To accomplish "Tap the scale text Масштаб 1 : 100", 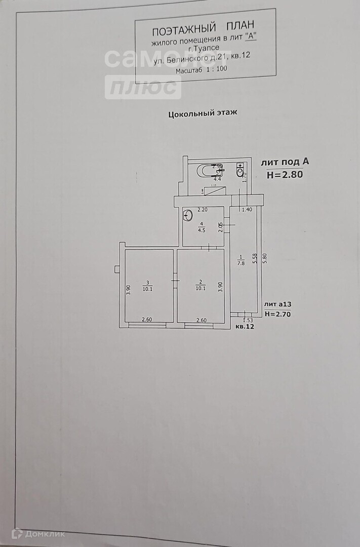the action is tap(202, 71).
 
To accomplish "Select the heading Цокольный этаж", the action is tap(203, 113).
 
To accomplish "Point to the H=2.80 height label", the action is tap(285, 175).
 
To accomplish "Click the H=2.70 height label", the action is tap(278, 314).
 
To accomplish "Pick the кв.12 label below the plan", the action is tap(245, 327).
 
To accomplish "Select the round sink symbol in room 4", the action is tap(187, 216).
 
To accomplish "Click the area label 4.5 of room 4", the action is tap(202, 229).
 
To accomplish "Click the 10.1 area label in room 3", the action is tap(148, 289).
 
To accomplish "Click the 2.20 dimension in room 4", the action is tap(203, 209).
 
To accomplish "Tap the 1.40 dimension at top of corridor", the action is tap(247, 209).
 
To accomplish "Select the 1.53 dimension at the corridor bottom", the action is tap(248, 320).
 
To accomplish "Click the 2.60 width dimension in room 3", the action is tap(147, 320).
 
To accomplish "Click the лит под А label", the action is tap(285, 163).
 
